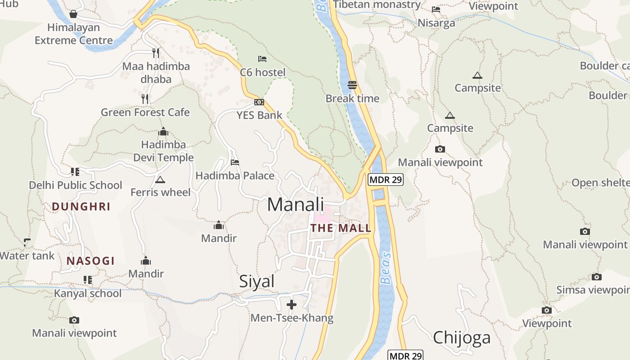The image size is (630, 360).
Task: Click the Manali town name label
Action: [295, 204]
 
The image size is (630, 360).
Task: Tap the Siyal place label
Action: [256, 281]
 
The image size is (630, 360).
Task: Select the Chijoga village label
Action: [461, 337]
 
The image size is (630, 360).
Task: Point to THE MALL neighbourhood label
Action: [341, 228]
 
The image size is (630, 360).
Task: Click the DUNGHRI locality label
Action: [81, 207]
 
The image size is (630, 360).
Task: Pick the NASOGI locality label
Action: [90, 261]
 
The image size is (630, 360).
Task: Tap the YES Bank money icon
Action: [259, 102]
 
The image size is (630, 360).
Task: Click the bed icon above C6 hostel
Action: [262, 59]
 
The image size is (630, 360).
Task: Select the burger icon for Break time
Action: [352, 85]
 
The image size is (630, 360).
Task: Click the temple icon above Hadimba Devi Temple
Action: [163, 132]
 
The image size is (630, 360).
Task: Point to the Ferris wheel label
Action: [160, 192]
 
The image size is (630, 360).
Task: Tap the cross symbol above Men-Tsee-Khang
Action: [292, 305]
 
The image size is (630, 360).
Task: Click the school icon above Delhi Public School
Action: [75, 172]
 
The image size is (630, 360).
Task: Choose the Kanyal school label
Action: [88, 293]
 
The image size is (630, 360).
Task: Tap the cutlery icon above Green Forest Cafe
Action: [145, 99]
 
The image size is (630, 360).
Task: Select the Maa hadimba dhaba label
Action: [156, 72]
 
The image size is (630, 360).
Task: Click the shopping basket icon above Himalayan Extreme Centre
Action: [73, 14]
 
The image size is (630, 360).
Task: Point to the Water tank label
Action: [27, 256]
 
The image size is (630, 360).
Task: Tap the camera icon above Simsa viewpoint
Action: [597, 277]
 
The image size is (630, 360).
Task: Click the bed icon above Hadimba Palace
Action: [234, 162]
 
